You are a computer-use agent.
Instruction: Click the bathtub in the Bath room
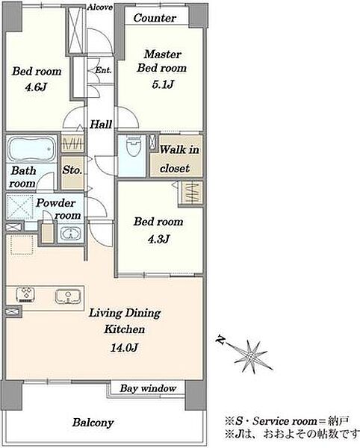coord(32,149)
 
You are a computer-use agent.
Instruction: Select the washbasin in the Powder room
coord(69,233)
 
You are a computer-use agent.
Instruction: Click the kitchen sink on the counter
coord(68,296)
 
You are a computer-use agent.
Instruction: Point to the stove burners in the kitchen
coord(25,295)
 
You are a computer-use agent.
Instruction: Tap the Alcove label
coord(100,7)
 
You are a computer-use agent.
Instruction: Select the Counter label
coord(155,18)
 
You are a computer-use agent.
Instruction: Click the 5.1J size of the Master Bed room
coord(163,84)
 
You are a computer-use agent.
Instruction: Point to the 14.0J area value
coord(124,347)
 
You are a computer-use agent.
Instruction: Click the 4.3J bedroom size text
coord(158,239)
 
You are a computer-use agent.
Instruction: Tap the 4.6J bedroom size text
coord(36,87)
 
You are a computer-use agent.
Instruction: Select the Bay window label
coord(148,388)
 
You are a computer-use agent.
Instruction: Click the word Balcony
coord(93,423)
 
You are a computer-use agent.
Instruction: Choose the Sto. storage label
coord(72,170)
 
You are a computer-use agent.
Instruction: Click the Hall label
coord(101,124)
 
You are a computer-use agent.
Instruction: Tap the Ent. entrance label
coord(103,70)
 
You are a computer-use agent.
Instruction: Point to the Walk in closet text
coord(179,159)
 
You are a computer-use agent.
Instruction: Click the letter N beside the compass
coord(220,340)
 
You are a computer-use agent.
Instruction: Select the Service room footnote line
coord(287,421)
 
